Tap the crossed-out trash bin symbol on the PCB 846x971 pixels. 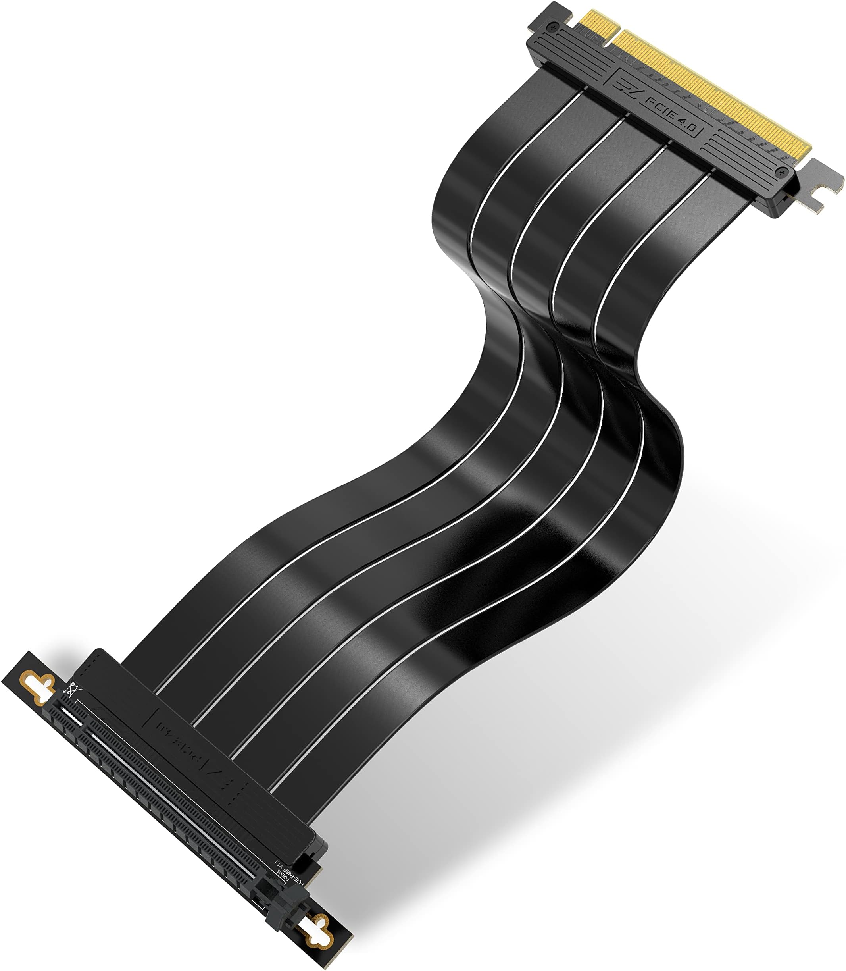[72, 690]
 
